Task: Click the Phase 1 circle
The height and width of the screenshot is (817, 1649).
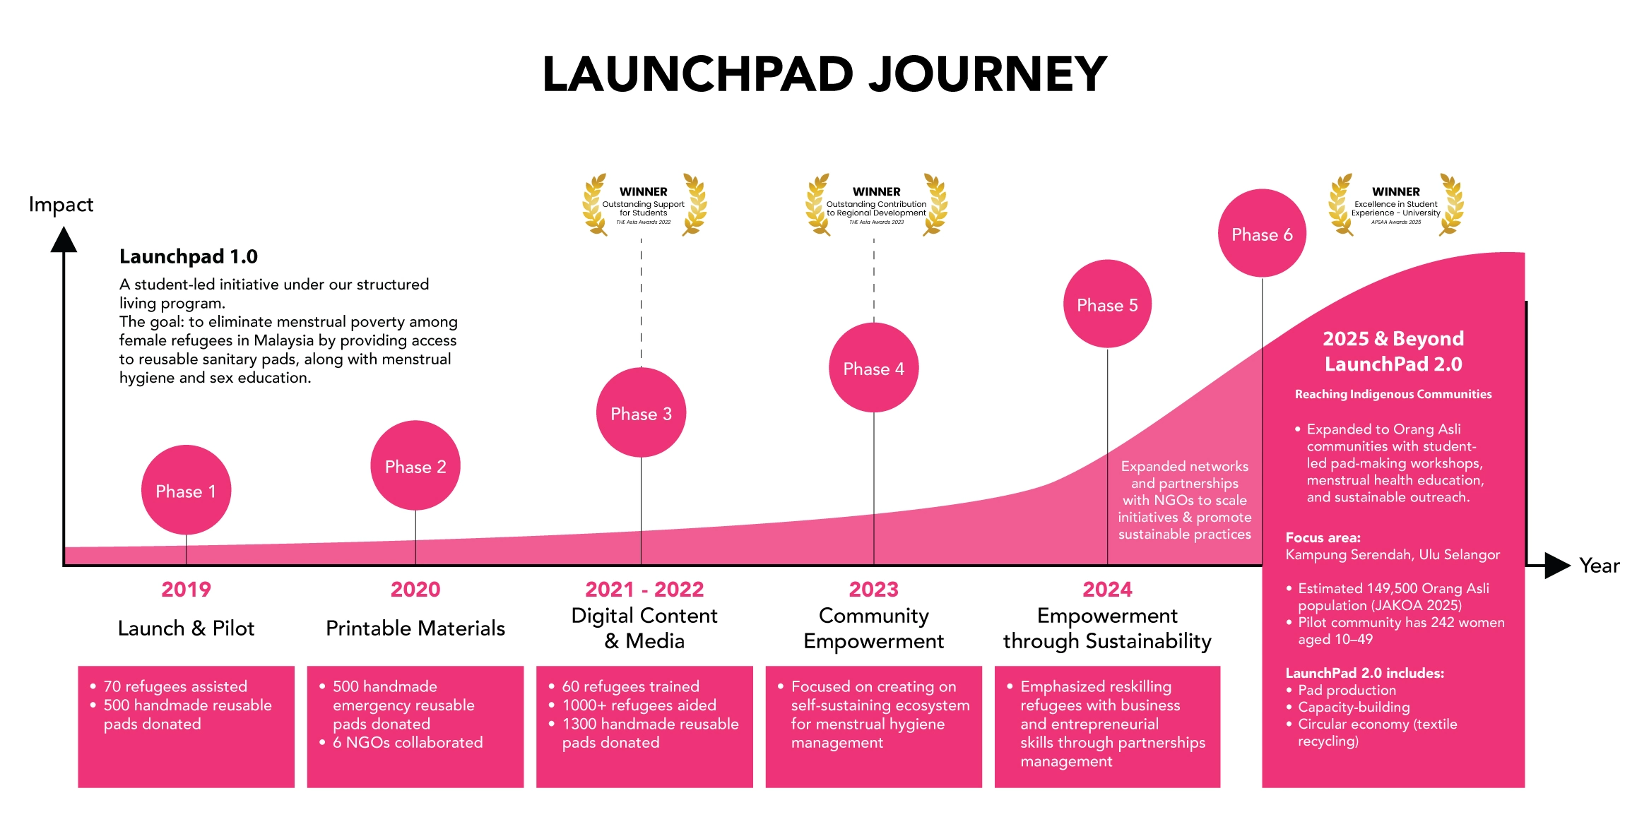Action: point(186,490)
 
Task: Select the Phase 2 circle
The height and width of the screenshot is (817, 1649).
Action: point(415,466)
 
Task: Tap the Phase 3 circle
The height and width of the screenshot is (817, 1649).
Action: point(641,413)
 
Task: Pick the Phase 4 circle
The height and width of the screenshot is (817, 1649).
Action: point(873,368)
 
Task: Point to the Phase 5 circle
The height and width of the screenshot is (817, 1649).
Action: point(1107,304)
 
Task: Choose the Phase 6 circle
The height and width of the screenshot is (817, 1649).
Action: point(1262,234)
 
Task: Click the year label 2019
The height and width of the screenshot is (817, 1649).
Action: point(186,589)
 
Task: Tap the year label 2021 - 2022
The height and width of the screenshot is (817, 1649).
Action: point(644,589)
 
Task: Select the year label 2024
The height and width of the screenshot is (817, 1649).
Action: point(1107,589)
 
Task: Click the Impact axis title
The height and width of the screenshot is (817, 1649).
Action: point(61,205)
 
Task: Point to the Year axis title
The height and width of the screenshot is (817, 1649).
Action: point(1600,566)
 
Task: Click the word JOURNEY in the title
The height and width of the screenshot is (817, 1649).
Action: point(987,74)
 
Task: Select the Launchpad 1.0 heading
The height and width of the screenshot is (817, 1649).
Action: point(189,256)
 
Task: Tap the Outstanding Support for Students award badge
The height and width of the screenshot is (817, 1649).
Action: point(644,205)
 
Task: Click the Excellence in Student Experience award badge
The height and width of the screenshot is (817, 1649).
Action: point(1395,205)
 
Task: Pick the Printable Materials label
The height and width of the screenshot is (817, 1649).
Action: point(415,628)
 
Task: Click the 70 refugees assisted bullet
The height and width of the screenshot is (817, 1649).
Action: point(175,686)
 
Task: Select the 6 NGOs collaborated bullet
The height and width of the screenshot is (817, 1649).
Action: point(408,742)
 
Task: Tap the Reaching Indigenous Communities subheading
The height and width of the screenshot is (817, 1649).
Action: point(1393,394)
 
